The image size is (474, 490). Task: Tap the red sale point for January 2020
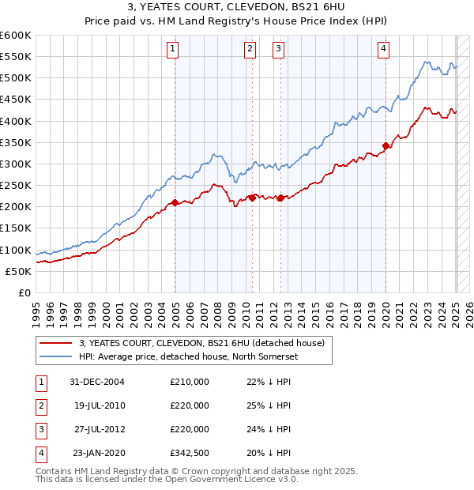coord(386,145)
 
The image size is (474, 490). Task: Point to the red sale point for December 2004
coord(175,202)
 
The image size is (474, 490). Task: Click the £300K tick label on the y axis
coord(16,164)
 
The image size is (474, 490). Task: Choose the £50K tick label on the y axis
coord(18,271)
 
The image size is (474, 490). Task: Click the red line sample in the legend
coord(56,343)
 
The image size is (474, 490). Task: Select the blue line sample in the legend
coord(56,356)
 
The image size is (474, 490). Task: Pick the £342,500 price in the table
coord(189,453)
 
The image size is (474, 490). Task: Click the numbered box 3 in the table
coord(40,429)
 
